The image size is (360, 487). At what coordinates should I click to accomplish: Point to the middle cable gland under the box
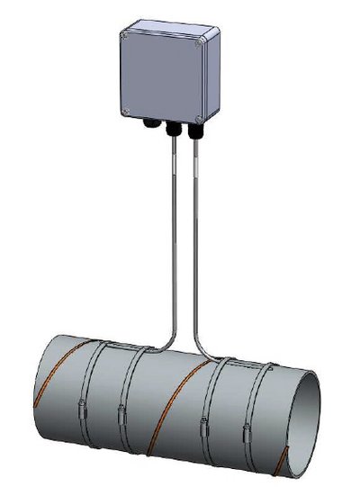pos(169,131)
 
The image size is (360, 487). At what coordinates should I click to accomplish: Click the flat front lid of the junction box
pos(163,76)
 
